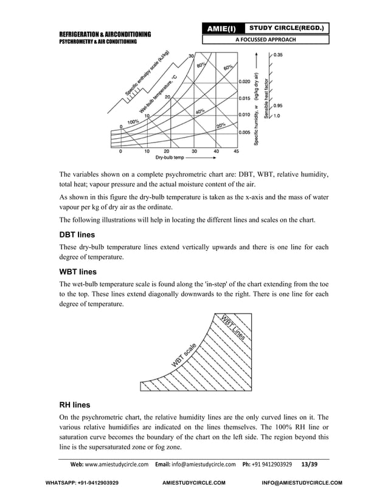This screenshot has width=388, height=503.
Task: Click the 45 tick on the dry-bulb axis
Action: click(x=236, y=152)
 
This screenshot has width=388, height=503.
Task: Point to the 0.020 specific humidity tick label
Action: click(x=244, y=81)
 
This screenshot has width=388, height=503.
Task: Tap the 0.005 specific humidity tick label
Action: click(x=244, y=132)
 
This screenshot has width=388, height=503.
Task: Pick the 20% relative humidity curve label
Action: click(x=221, y=125)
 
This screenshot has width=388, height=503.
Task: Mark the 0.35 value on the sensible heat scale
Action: click(x=277, y=55)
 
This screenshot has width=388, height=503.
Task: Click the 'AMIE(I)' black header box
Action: click(x=223, y=29)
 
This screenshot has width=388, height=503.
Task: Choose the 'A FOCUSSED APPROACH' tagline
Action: click(x=266, y=40)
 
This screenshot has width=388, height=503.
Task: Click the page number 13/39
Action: click(x=314, y=464)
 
